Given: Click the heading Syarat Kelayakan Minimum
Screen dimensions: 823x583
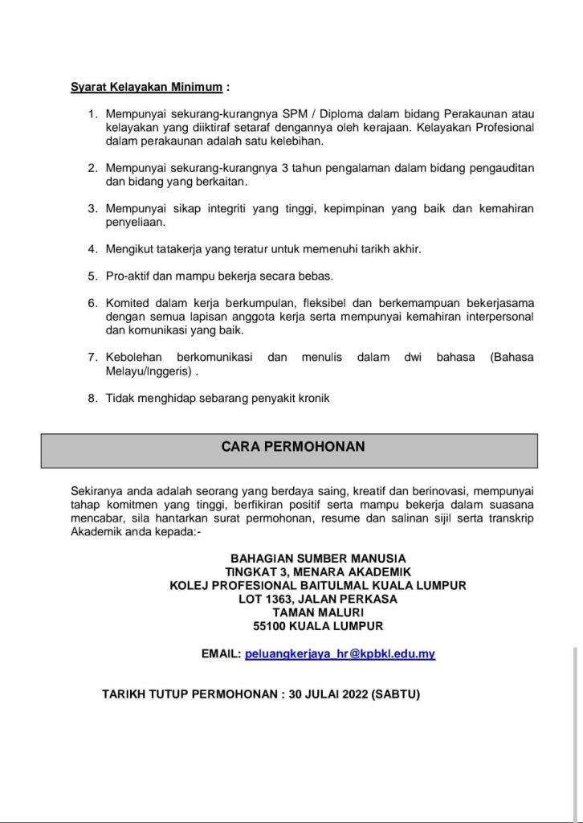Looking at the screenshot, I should click(146, 86).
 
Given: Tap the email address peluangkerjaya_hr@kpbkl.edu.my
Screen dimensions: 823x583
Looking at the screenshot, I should click(340, 654).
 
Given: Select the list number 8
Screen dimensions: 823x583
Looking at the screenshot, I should click(93, 398).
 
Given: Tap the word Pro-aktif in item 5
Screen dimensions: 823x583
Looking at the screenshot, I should click(128, 276).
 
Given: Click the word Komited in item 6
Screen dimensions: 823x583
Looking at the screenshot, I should click(128, 303).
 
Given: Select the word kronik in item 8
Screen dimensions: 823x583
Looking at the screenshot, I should click(312, 398).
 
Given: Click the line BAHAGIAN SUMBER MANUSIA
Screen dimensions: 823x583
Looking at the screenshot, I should click(318, 558).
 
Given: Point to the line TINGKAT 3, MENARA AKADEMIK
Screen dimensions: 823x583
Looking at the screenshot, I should click(318, 571).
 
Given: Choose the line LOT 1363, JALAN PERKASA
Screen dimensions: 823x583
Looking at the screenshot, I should click(318, 599).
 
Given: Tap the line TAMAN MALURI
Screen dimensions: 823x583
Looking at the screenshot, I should click(318, 612).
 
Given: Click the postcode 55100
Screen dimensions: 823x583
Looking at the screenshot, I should click(270, 626).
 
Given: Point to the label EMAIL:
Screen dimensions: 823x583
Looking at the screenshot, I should click(221, 654).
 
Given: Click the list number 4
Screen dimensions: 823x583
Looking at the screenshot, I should click(93, 249).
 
